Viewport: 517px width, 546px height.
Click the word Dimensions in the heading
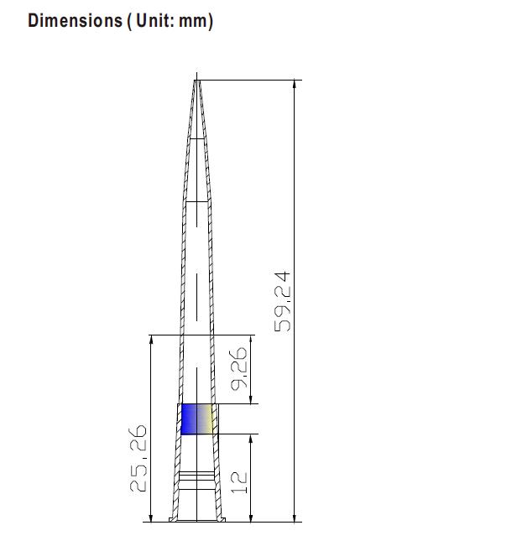pos(75,20)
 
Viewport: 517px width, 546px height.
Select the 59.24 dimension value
pos(282,302)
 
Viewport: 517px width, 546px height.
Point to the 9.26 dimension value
pos(239,368)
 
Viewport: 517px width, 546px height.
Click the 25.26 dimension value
pos(138,458)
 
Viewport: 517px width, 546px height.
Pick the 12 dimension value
pos(239,482)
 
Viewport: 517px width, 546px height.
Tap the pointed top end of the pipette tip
pos(197,81)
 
